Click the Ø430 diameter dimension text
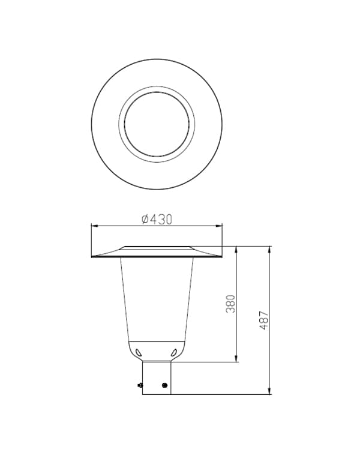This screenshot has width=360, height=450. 157,220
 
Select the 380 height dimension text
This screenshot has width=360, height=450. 230,304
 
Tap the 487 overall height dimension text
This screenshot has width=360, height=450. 264,320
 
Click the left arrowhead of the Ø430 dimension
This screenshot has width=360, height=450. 95,226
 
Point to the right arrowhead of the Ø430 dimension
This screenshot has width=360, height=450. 219,226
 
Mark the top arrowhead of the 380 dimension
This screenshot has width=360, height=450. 236,250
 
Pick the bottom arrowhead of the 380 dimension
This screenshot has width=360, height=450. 236,358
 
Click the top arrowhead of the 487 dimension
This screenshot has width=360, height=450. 269,250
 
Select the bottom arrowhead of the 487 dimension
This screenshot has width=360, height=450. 269,391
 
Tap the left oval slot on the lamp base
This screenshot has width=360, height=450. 139,352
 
